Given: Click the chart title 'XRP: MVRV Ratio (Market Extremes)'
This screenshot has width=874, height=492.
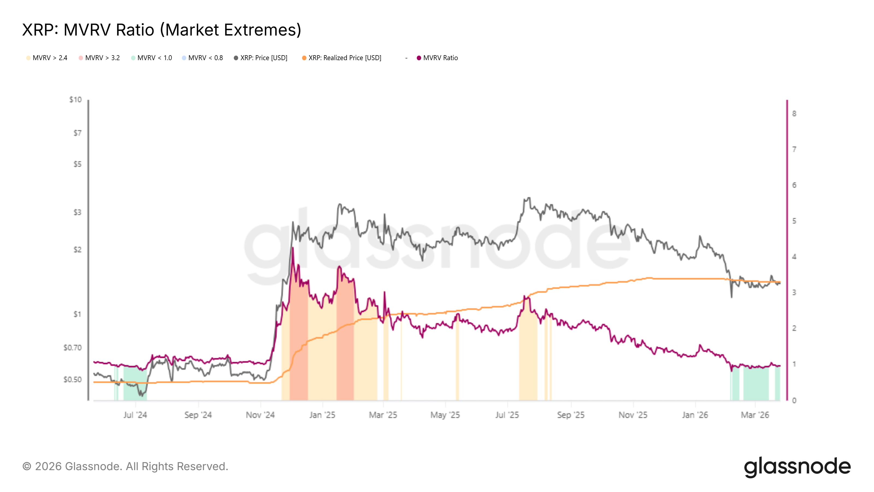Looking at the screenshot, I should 161,30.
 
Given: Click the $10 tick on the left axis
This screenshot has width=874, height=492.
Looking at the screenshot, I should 76,100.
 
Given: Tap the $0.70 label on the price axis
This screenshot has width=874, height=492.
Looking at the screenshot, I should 73,348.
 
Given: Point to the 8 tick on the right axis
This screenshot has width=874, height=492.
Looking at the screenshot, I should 794,114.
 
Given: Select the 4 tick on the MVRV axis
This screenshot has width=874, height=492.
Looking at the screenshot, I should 794,257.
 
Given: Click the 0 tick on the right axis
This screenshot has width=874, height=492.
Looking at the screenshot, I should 794,401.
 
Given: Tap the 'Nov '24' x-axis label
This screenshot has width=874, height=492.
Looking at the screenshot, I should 260,415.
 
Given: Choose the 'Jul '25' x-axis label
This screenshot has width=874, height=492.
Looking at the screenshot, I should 507,415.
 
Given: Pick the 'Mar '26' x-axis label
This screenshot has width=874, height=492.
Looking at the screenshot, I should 755,415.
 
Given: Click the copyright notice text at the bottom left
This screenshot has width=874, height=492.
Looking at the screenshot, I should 125,467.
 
